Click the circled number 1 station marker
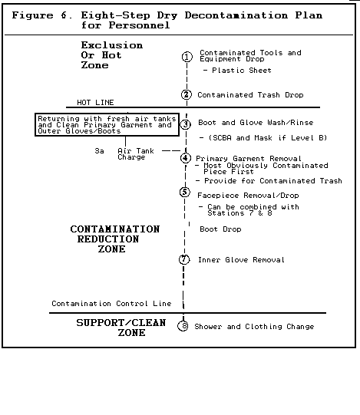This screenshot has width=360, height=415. tap(187, 57)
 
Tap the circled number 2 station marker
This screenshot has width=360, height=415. tap(187, 95)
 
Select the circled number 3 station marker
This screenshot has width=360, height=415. tap(186, 124)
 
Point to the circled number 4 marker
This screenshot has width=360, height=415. tap(186, 158)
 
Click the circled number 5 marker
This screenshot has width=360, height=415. tap(185, 192)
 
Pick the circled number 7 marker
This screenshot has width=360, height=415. tap(184, 259)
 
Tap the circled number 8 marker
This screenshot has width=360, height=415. tap(183, 326)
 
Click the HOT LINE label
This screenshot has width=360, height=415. tap(95, 103)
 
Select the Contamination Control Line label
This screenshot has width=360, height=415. tap(111, 303)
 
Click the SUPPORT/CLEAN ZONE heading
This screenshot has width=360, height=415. tap(121, 328)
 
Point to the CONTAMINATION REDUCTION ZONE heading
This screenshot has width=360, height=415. tap(115, 239)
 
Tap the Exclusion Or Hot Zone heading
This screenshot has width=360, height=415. tap(112, 55)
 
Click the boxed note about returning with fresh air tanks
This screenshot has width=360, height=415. tap(107, 125)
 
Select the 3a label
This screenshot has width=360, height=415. tap(99, 151)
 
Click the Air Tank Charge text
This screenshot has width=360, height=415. tap(136, 154)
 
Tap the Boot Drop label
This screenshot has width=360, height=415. tap(220, 229)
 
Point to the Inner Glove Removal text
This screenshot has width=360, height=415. tap(241, 259)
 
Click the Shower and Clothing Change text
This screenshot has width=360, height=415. tap(254, 327)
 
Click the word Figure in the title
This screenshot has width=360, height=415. tap(32, 15)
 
